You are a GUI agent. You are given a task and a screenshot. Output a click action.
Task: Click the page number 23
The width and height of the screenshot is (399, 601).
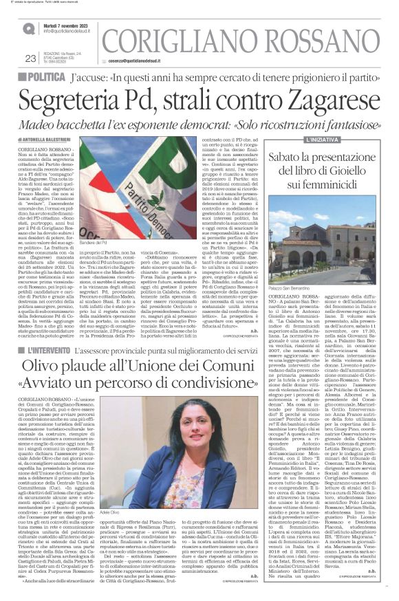30,58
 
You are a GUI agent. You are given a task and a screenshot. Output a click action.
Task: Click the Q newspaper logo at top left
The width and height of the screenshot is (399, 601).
28,29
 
